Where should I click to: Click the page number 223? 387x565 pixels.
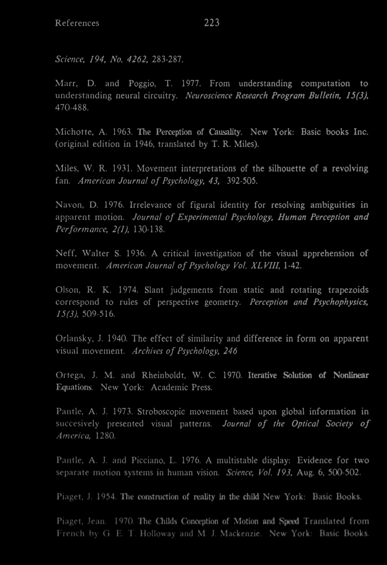pyautogui.click(x=212, y=23)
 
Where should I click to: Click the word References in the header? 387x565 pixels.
pyautogui.click(x=77, y=23)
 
